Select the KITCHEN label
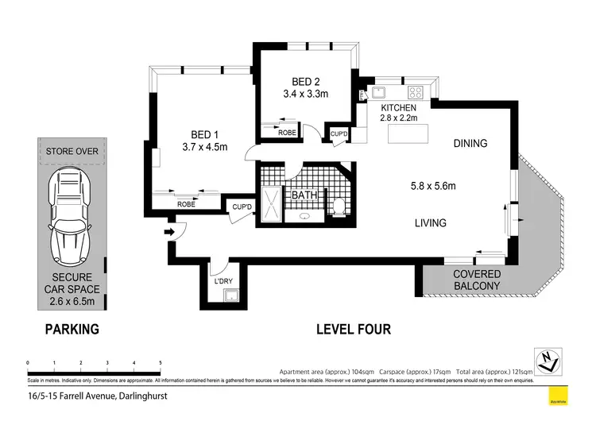[398, 107]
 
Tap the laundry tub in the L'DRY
[230, 296]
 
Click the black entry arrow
[168, 232]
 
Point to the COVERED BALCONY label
[477, 280]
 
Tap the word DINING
[470, 144]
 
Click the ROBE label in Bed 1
[186, 204]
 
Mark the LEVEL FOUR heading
[353, 329]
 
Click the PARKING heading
[72, 329]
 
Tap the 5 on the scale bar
[161, 362]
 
